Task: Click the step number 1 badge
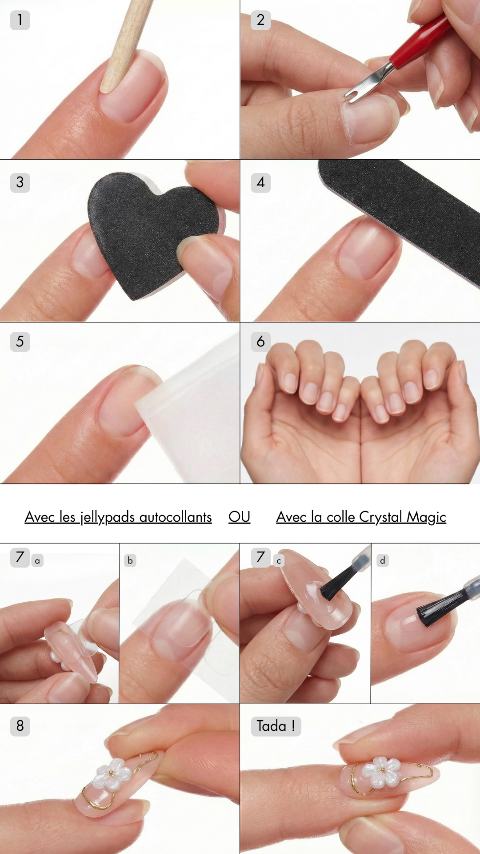[20, 20]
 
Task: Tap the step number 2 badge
[261, 20]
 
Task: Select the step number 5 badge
[20, 342]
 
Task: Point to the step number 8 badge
[20, 726]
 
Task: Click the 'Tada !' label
[276, 726]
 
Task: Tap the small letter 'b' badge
[130, 560]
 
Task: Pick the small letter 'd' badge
[383, 560]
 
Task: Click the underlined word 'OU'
[240, 517]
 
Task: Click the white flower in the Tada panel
[381, 771]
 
